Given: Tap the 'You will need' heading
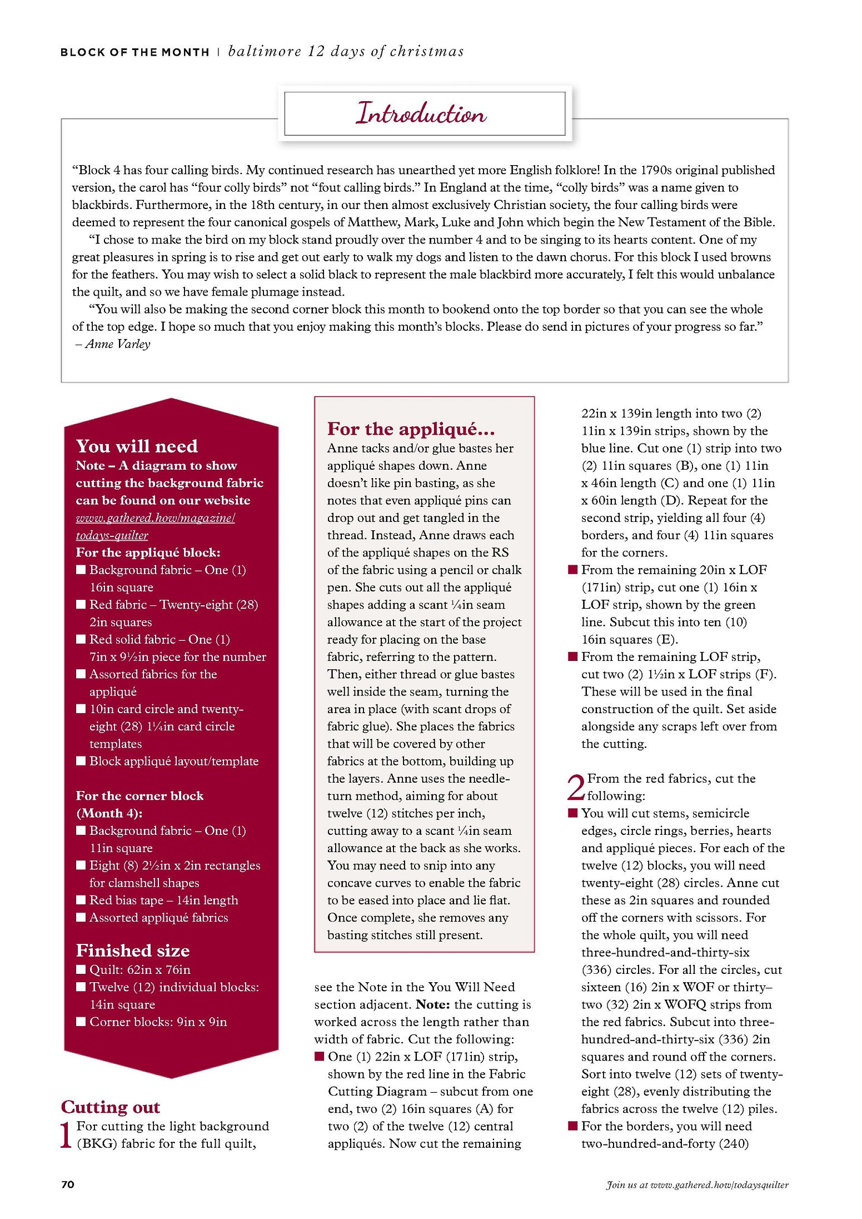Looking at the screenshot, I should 137,446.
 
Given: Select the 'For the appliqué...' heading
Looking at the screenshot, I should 411,429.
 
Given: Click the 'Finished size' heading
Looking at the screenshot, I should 133,950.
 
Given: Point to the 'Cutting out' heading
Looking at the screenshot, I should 111,1107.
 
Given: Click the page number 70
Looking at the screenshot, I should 68,1184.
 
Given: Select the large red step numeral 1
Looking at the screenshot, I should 66,1135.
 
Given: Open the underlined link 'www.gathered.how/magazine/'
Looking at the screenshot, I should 156,518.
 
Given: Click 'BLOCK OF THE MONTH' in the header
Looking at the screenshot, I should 135,52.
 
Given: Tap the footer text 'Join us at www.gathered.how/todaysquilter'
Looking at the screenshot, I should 697,1185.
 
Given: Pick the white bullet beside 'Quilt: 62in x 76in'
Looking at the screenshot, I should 81,970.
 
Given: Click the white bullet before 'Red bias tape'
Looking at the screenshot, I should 81,900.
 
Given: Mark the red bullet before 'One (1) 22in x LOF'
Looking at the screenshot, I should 319,1056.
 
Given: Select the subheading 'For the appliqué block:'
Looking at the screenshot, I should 148,553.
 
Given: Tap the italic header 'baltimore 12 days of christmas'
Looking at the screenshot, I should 346,51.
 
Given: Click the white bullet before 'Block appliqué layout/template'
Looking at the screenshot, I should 81,761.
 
